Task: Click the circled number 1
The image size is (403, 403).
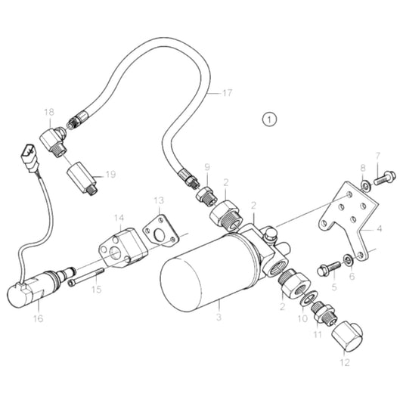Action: (x=269, y=118)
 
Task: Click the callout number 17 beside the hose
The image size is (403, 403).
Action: (x=228, y=94)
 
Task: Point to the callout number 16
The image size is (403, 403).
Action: (x=38, y=318)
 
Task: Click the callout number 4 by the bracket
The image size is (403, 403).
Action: (x=379, y=228)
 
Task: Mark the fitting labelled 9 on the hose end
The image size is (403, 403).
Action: (x=205, y=195)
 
